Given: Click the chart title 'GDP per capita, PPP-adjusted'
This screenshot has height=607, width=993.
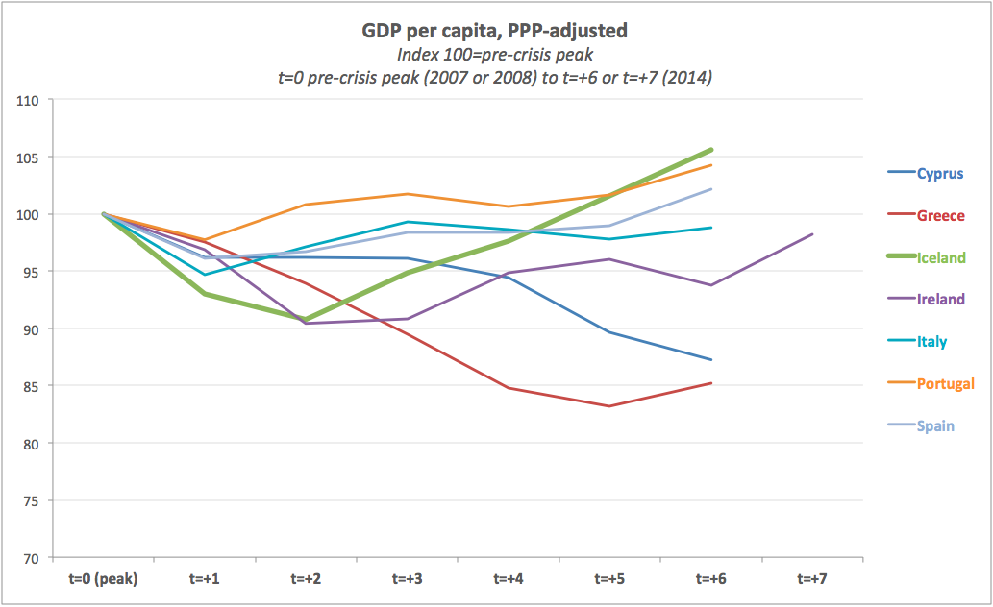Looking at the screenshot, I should coord(494,31).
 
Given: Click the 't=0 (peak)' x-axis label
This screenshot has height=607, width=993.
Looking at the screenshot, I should coord(103,579).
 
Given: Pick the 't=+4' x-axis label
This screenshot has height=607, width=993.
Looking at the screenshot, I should coord(509,579).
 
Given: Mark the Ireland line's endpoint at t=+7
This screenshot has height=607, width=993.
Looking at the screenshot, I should coord(813,234).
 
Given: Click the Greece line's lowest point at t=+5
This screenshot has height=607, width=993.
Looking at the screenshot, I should coord(609,406).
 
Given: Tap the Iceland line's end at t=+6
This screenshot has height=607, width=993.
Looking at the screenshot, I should coord(711,150).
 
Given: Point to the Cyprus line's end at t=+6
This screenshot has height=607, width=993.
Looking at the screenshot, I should coord(711,360).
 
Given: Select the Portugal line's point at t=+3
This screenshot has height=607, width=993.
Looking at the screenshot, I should coord(408,194).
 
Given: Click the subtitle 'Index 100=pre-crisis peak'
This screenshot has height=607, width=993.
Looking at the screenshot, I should coord(494,56).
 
